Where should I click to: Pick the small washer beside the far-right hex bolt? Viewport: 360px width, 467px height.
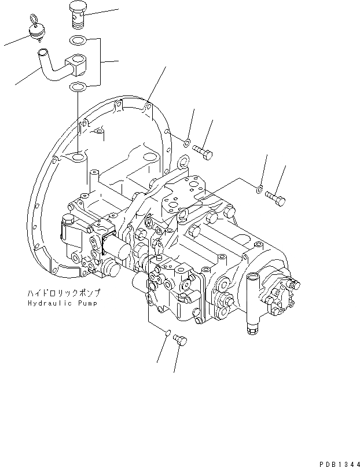[x=260, y=187]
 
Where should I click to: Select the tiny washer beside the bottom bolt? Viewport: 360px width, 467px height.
[x=167, y=334]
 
